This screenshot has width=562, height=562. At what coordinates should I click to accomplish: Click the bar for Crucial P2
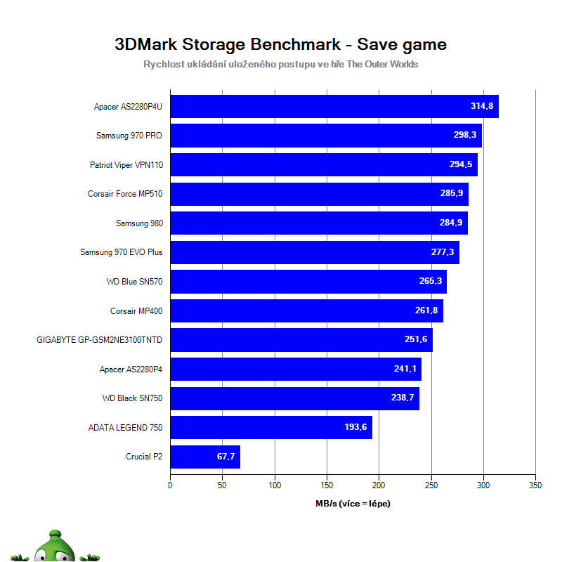pos(205,457)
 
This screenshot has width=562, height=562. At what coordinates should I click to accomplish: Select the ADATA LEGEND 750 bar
pos(271,427)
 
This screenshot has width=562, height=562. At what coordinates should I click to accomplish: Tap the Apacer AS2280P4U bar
pos(334,107)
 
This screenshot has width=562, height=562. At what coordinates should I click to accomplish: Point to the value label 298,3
pos(465,136)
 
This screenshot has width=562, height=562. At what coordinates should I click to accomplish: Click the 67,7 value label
pos(226,457)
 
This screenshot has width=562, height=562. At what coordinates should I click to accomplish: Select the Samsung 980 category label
pos(139,223)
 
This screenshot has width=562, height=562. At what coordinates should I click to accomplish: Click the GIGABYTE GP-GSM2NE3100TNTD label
pos(99,340)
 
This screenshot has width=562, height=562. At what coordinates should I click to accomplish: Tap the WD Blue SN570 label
pos(134,282)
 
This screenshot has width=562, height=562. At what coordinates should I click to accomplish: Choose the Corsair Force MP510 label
pos(125,194)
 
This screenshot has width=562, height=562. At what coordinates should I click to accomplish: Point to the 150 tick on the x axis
pos(327,485)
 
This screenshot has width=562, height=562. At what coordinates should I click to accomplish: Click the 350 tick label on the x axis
pos(535,485)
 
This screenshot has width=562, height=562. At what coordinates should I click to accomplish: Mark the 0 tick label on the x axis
pos(171,485)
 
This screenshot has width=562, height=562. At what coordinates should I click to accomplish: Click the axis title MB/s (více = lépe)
pos(353,504)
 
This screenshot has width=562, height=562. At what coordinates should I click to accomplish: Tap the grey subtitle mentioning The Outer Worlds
pos(280,65)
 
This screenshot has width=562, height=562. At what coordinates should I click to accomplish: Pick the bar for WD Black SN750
pos(295,398)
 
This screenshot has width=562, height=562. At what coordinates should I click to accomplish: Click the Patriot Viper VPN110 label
pos(126,165)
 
